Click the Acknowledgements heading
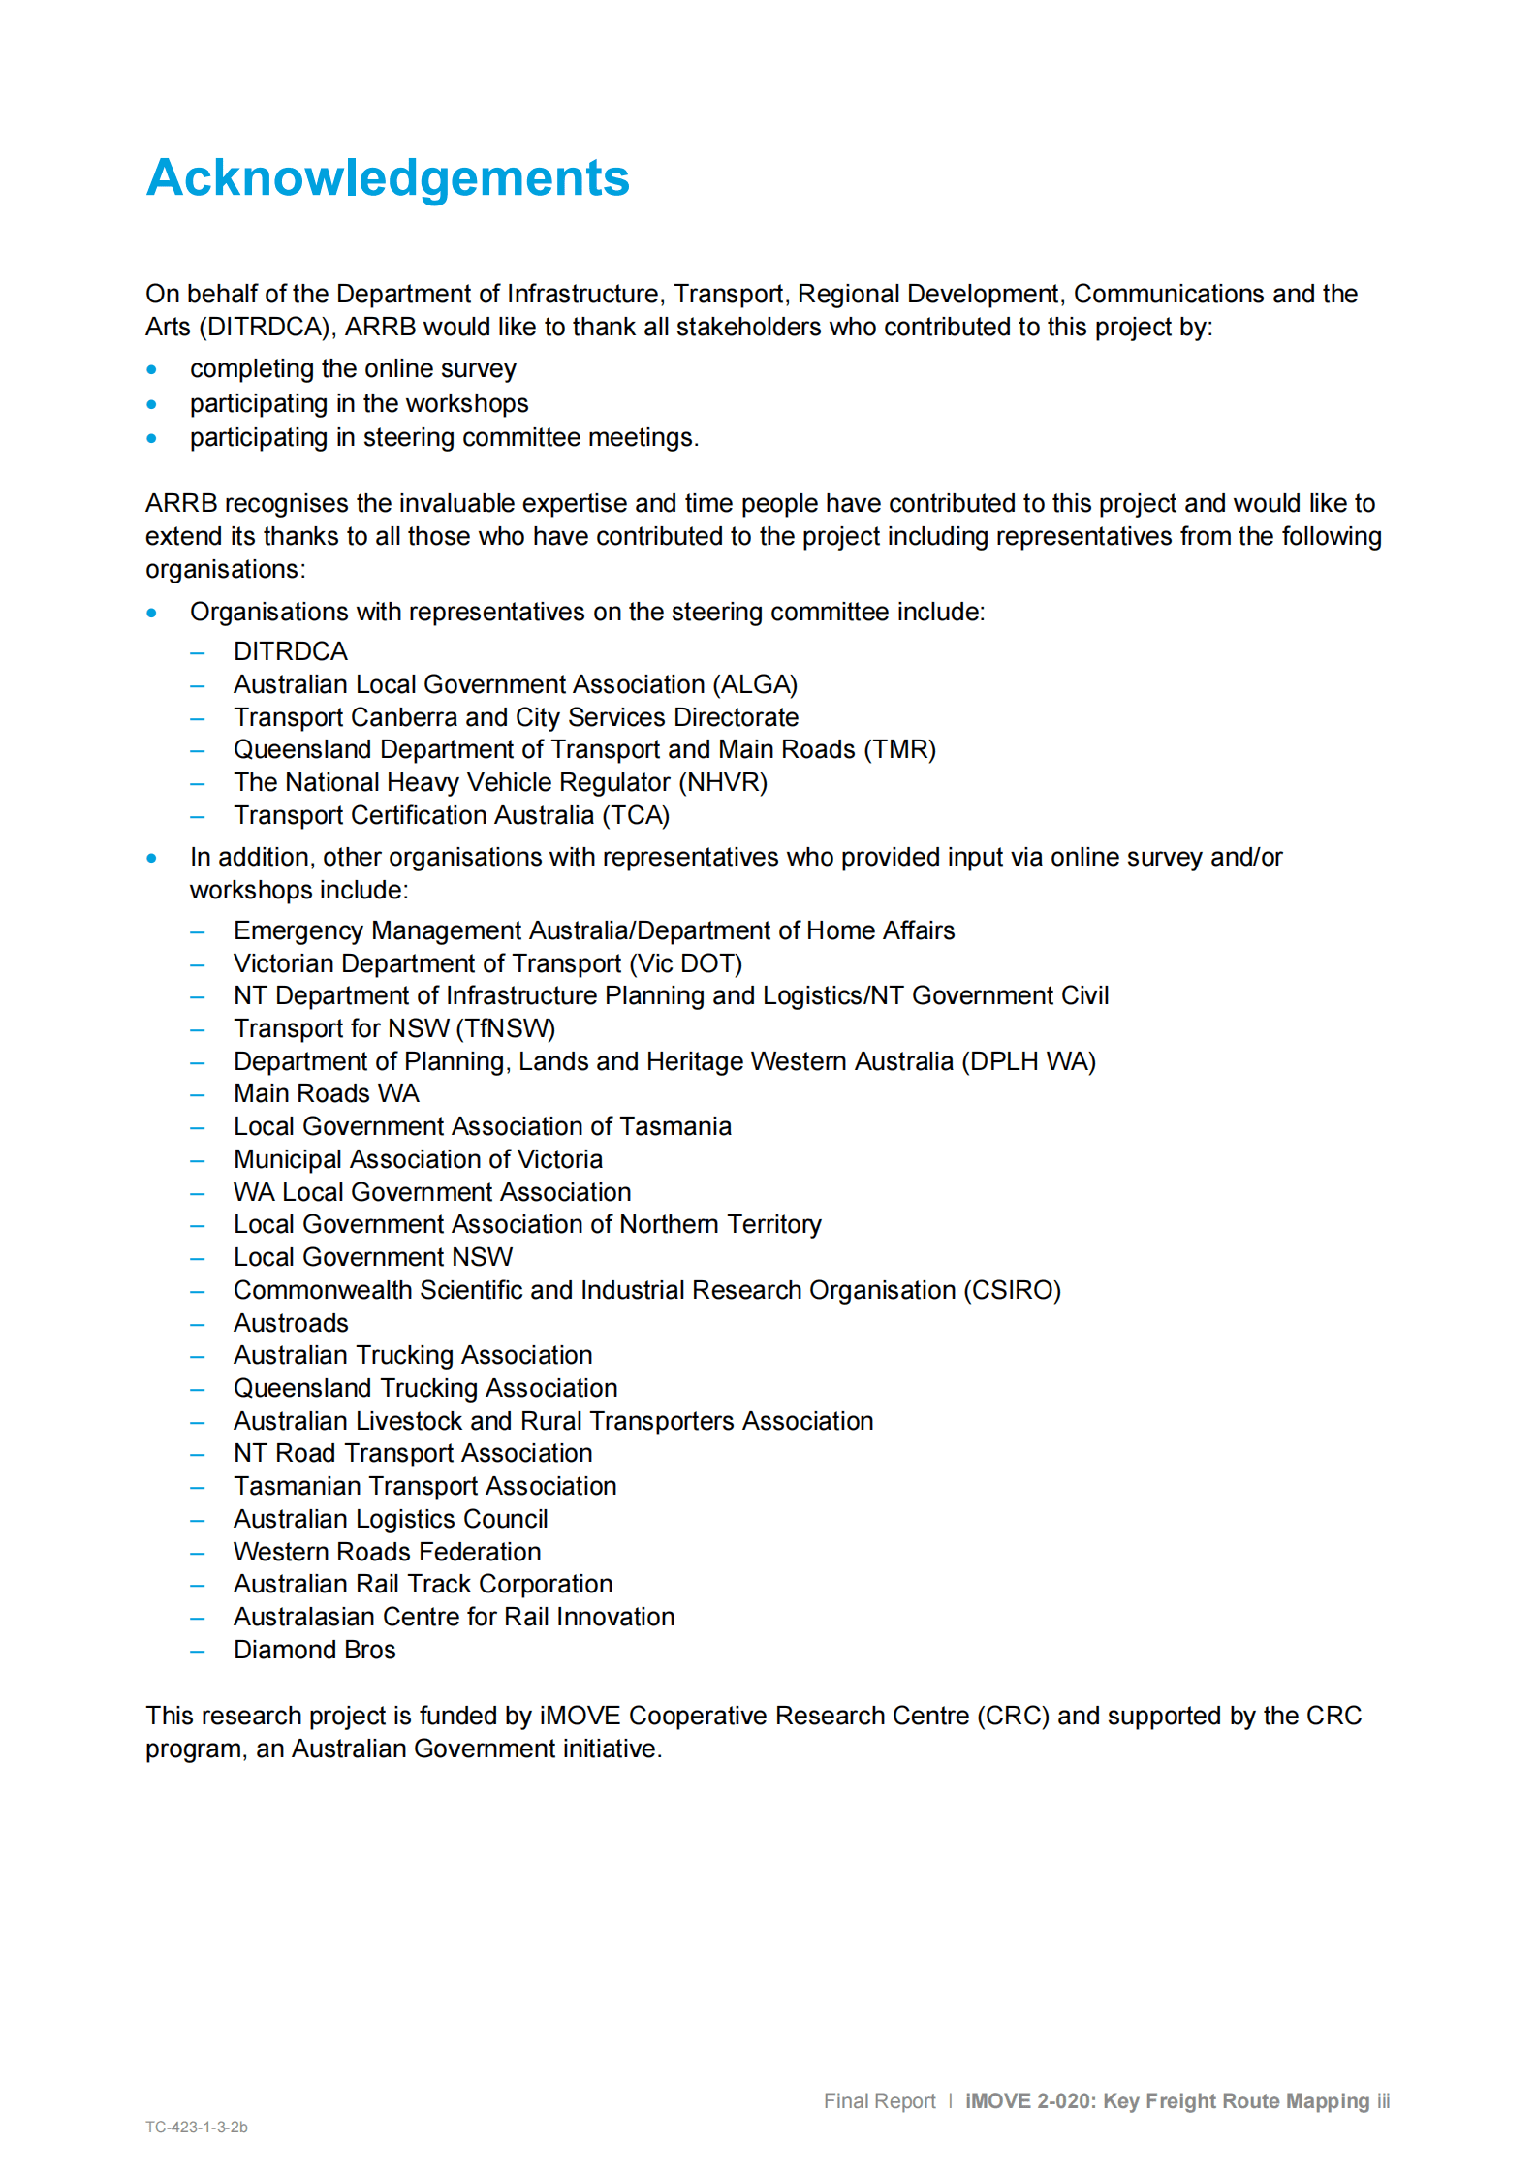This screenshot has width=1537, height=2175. [388, 178]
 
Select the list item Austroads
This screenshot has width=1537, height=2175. [291, 1323]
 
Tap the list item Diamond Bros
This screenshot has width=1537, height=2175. [314, 1650]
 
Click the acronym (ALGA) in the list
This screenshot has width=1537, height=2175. [755, 684]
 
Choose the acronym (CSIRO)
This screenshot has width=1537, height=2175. [1012, 1290]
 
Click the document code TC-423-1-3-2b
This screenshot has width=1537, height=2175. [197, 2127]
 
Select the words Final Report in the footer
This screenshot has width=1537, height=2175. [879, 2100]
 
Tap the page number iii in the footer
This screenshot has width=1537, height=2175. [1383, 2100]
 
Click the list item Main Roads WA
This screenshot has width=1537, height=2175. [327, 1093]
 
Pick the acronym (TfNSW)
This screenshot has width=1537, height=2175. [506, 1028]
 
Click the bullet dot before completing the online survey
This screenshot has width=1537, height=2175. [152, 369]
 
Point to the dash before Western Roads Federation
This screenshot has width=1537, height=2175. [198, 1553]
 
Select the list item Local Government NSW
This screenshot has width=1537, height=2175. [373, 1257]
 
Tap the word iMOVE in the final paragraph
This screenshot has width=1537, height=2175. [580, 1716]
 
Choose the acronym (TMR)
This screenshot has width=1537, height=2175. [899, 749]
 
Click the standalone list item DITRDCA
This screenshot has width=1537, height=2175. [291, 651]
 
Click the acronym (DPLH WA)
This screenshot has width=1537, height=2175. [1028, 1061]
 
